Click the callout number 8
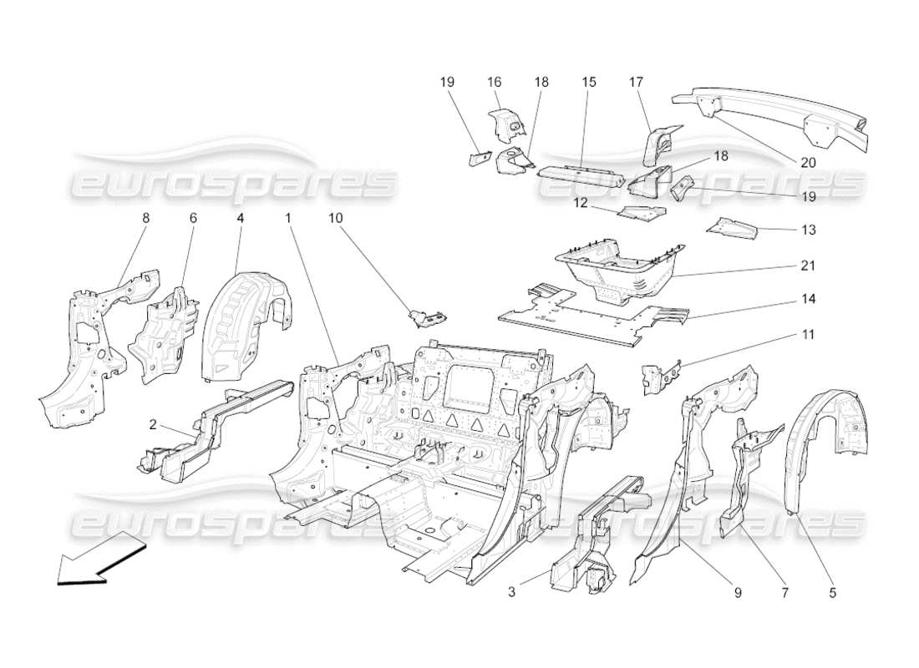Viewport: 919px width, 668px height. [x=145, y=218]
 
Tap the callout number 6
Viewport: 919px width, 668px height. [x=193, y=218]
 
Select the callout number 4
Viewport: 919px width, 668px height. [x=241, y=218]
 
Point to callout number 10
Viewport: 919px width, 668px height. [x=335, y=218]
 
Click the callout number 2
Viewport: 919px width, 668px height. [x=153, y=424]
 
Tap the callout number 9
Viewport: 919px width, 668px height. [x=738, y=593]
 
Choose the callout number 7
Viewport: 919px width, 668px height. [x=784, y=593]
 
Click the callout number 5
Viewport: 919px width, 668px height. [x=832, y=593]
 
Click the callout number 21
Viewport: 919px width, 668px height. [x=807, y=266]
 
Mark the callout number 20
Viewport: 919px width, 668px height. [x=807, y=163]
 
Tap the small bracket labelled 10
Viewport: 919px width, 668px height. [x=427, y=316]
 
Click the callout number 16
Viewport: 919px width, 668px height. [x=495, y=82]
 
